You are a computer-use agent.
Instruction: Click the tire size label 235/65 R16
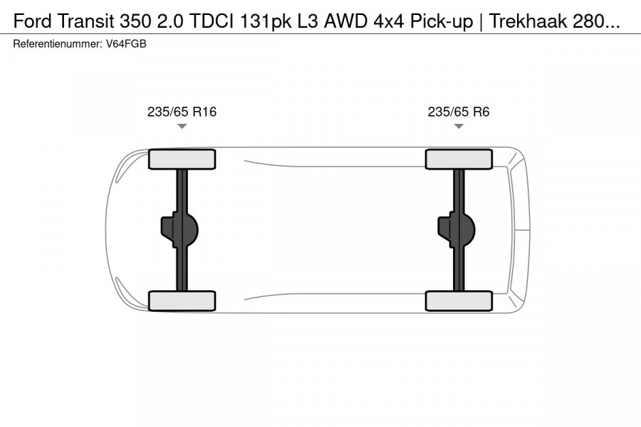point(182,112)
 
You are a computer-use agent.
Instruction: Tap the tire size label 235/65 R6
point(458,112)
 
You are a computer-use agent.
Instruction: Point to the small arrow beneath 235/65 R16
point(182,126)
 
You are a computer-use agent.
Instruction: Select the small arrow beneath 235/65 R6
point(459,126)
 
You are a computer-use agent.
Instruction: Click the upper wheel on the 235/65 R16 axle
point(182,159)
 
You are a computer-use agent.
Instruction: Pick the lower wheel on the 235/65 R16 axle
point(182,300)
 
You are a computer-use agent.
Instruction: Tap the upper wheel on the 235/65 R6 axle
point(459,159)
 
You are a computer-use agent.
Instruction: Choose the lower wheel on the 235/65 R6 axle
point(459,300)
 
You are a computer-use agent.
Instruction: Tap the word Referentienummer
point(58,43)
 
